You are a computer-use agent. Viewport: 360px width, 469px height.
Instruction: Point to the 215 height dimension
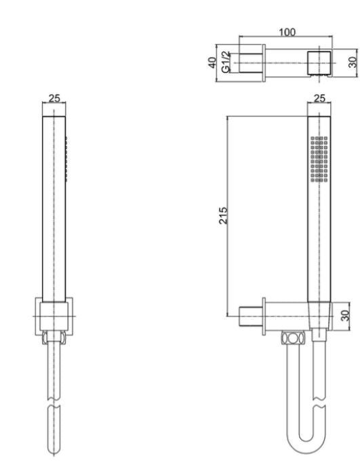223,216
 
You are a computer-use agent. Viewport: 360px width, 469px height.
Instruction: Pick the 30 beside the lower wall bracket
344,315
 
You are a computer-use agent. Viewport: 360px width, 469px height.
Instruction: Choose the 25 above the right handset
319,98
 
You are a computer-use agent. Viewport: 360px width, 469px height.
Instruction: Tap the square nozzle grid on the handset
319,159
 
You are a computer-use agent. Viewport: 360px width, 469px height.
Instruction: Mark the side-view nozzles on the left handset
66,159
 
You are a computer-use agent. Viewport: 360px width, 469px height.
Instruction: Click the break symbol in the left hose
54,410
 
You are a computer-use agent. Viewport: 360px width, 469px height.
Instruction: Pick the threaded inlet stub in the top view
249,62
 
